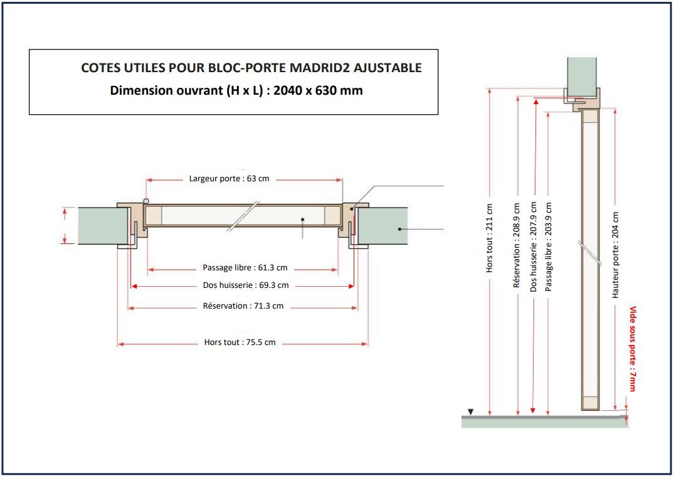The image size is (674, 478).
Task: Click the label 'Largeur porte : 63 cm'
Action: (x=229, y=179)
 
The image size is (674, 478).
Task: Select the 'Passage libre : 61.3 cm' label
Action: (x=245, y=268)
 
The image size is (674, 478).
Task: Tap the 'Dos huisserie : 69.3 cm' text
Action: (x=246, y=285)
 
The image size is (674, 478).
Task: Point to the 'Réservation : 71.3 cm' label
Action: (x=243, y=306)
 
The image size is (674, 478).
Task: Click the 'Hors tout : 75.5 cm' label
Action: (x=240, y=343)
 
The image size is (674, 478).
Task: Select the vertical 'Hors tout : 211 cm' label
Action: (x=490, y=238)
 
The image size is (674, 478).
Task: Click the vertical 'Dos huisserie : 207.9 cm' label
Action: (x=533, y=247)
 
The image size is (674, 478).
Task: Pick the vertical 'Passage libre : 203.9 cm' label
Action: (x=549, y=247)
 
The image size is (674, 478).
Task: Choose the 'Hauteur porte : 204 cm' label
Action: (x=616, y=254)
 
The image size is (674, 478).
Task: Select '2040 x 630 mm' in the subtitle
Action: (x=318, y=90)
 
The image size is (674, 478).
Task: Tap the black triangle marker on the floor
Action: (x=471, y=412)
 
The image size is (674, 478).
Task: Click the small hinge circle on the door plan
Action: (x=145, y=201)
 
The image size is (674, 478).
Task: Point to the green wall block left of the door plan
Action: (x=103, y=226)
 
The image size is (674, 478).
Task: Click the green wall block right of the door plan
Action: (x=382, y=226)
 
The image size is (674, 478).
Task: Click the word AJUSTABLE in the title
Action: (x=390, y=68)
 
